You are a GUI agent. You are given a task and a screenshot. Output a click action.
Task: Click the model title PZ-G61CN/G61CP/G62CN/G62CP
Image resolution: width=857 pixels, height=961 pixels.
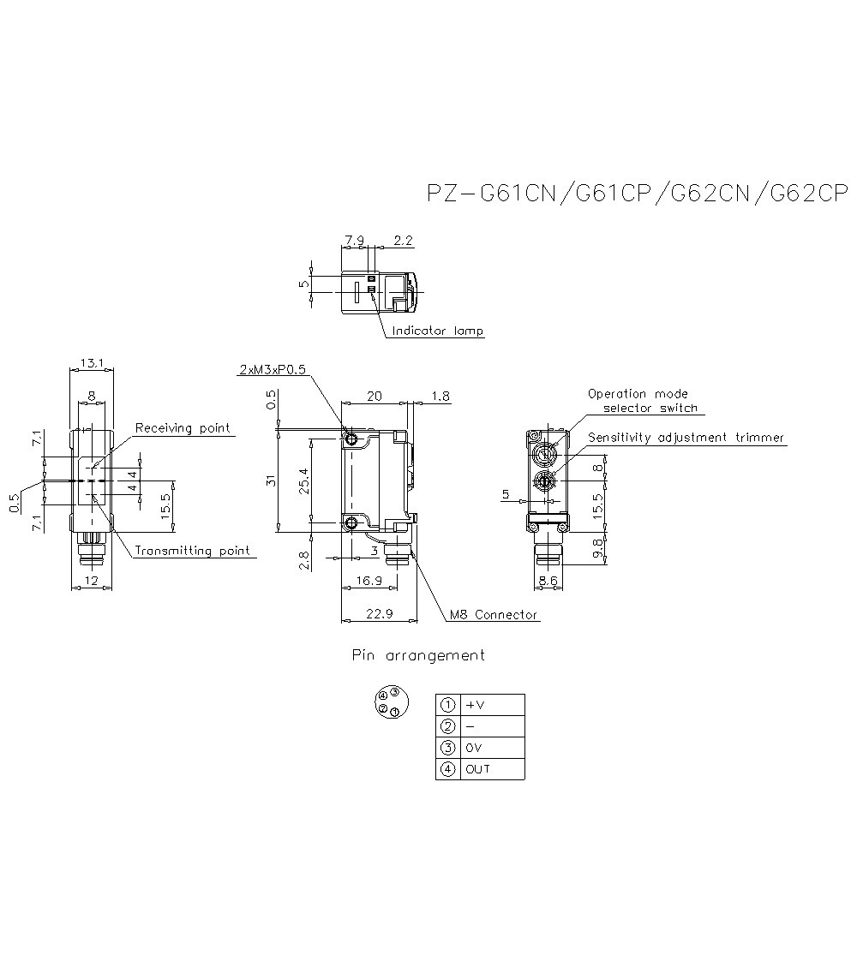(x=638, y=193)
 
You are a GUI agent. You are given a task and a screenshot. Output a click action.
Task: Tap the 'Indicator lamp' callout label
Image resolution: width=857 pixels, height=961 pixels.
(x=438, y=331)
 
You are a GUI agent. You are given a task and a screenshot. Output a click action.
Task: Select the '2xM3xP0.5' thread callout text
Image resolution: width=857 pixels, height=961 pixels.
(x=273, y=369)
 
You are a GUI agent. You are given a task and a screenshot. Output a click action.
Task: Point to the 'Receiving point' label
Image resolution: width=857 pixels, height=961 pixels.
(x=183, y=427)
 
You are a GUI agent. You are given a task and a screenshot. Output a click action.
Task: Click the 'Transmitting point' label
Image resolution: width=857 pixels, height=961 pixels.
(x=193, y=551)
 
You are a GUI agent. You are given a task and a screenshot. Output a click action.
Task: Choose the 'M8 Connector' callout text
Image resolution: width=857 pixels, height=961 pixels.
(x=494, y=615)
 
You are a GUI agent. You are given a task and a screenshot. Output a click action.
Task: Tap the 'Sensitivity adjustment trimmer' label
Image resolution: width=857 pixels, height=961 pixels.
(x=686, y=437)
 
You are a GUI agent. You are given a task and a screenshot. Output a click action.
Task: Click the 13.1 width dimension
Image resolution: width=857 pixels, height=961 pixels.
(x=92, y=363)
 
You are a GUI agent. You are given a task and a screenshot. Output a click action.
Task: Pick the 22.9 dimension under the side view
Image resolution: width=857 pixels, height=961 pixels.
(x=380, y=613)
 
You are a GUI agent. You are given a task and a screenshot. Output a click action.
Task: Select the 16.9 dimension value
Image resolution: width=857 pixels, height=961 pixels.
(x=369, y=581)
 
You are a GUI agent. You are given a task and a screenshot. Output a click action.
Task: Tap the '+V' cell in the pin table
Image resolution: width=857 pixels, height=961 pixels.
(x=475, y=705)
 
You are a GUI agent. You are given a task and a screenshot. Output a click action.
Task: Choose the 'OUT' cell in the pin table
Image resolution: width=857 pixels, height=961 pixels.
(x=477, y=769)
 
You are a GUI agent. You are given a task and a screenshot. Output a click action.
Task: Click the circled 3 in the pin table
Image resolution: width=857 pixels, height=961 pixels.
(x=448, y=748)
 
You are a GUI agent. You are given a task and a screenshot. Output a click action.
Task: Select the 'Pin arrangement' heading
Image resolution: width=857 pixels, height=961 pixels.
(x=418, y=656)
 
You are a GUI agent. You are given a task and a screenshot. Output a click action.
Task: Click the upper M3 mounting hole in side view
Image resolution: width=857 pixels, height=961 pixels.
(x=351, y=439)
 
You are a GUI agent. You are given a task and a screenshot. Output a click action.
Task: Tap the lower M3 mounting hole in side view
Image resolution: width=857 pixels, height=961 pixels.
(x=351, y=522)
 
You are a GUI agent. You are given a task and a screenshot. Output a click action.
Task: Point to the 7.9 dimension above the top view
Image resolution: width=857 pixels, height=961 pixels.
(x=355, y=241)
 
